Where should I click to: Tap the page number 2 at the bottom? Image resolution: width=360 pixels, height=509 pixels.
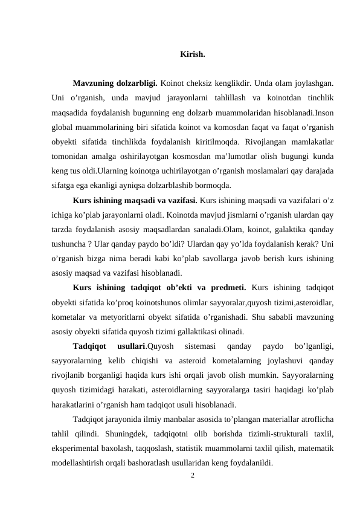click(192, 476)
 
